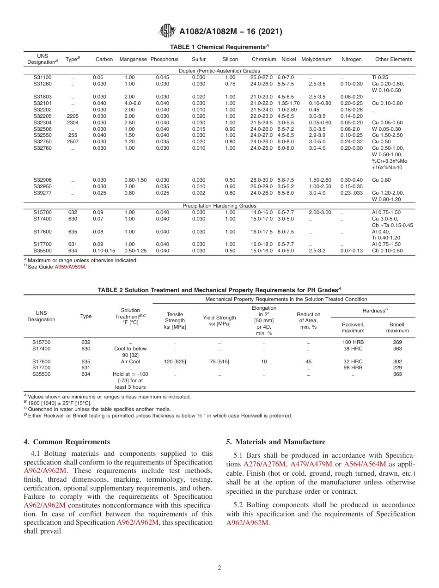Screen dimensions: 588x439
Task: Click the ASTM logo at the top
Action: tap(167, 31)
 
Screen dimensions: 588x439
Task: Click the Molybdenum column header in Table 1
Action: tap(317, 59)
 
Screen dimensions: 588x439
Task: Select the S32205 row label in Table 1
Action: tap(43, 116)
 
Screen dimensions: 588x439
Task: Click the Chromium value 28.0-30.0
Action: tap(262, 180)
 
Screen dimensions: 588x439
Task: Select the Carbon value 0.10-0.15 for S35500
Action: tap(104, 251)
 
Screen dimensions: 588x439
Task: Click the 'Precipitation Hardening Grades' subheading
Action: tap(219, 206)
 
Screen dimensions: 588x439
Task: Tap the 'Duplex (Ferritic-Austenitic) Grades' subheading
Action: tap(219, 71)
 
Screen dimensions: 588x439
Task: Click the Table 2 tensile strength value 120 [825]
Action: tap(175, 361)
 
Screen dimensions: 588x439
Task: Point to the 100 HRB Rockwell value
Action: tap(353, 342)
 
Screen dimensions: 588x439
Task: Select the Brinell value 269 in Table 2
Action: tap(397, 342)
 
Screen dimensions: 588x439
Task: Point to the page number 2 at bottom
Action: tap(219, 568)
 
